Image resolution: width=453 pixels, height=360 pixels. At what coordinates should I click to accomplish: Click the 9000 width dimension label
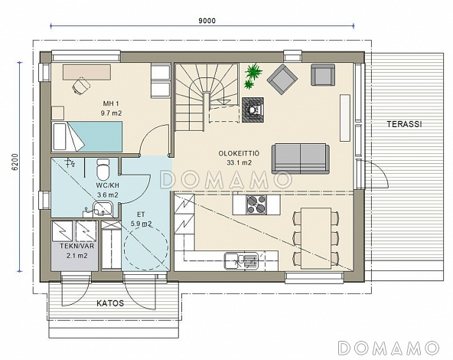click(207, 21)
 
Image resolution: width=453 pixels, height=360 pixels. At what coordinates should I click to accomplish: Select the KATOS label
click(110, 303)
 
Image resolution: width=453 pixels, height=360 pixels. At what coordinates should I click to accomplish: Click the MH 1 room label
click(111, 103)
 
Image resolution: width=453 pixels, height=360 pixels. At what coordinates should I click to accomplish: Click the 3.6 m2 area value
click(108, 195)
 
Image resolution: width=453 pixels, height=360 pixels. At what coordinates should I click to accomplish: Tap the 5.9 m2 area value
click(142, 224)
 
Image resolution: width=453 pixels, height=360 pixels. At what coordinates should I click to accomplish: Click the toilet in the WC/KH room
click(103, 169)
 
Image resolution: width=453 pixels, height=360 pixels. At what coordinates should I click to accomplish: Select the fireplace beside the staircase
click(253, 110)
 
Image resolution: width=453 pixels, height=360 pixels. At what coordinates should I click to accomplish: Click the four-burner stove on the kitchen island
click(256, 205)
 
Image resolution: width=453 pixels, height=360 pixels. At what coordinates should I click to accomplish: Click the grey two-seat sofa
click(301, 159)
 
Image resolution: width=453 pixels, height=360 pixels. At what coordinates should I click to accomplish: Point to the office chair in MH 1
click(81, 86)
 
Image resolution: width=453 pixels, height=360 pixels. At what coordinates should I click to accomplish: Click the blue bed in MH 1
click(86, 136)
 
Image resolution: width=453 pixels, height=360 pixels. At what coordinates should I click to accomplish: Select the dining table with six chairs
click(316, 238)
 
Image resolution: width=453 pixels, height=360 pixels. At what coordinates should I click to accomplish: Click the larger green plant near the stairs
click(253, 71)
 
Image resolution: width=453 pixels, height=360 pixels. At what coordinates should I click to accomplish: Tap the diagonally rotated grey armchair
click(282, 80)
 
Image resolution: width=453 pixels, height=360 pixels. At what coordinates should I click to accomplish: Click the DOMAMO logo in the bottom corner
click(389, 348)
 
